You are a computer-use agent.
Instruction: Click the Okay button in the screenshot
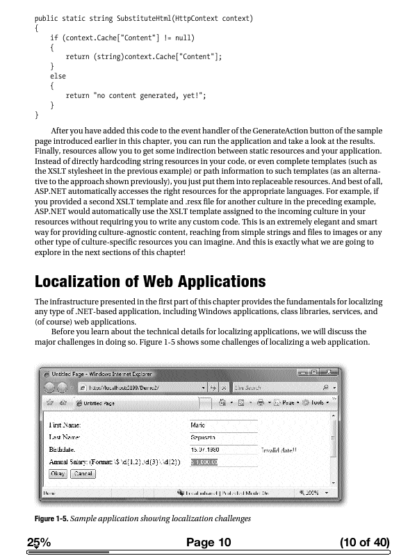[58, 473]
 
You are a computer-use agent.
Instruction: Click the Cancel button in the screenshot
[83, 473]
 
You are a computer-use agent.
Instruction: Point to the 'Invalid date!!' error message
[279, 450]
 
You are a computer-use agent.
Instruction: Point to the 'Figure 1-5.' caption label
[53, 518]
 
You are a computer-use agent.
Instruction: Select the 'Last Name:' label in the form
[64, 437]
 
